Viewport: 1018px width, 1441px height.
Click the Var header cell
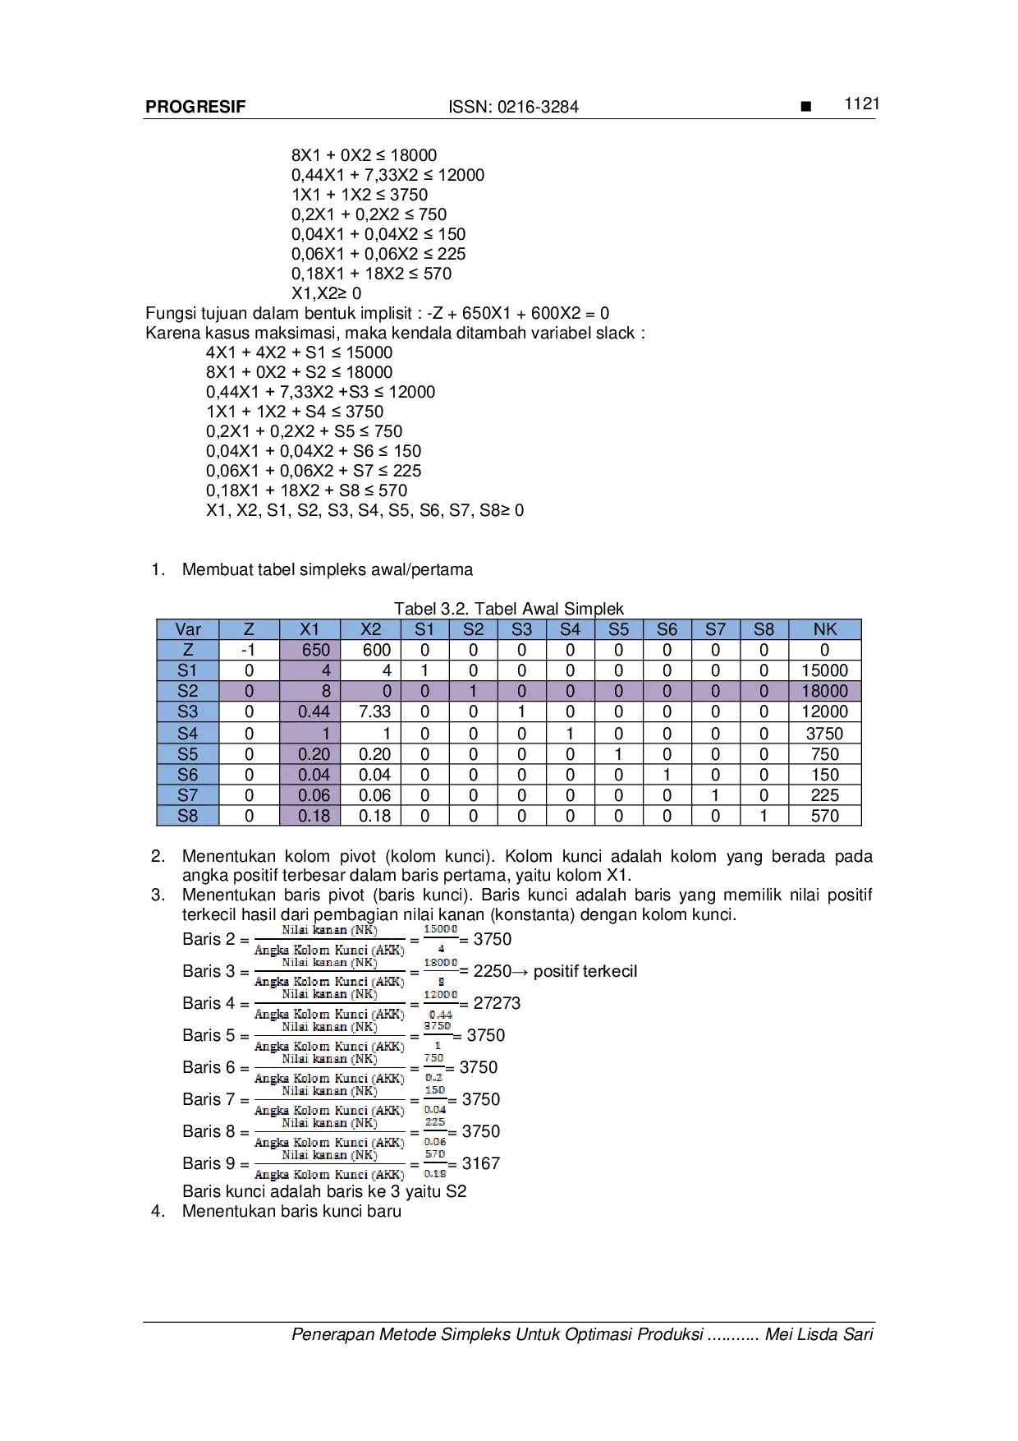188,629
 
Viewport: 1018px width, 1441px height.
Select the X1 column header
310,629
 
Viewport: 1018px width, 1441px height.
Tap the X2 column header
371,629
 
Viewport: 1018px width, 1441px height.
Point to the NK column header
825,629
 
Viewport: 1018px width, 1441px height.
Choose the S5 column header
619,629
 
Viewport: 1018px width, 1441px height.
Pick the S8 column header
764,629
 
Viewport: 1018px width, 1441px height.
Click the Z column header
249,629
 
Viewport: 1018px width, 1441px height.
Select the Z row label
188,650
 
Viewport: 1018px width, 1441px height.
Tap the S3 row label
188,711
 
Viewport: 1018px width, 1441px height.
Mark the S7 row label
188,795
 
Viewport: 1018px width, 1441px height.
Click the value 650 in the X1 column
310,650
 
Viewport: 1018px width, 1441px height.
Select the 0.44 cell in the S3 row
310,711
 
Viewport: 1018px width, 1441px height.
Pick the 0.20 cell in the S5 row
310,754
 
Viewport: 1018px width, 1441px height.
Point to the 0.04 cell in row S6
310,775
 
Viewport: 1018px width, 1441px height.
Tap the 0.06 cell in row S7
310,795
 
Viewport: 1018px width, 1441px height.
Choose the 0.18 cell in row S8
310,816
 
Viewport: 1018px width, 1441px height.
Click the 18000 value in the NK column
825,691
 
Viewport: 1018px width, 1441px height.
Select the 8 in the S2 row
310,691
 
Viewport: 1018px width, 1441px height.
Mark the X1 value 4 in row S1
310,670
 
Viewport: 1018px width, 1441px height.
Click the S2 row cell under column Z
249,691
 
